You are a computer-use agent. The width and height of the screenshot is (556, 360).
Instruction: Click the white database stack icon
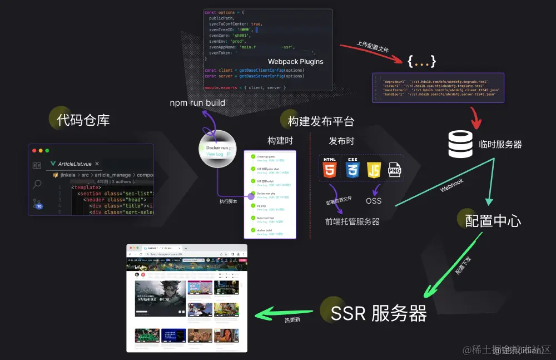click(460, 144)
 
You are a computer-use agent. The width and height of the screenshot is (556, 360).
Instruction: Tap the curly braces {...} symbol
click(421, 61)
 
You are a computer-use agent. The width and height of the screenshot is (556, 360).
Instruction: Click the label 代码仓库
click(83, 120)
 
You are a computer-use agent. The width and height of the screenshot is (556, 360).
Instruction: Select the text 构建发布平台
click(321, 121)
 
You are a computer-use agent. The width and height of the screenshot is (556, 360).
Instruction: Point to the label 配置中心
click(493, 220)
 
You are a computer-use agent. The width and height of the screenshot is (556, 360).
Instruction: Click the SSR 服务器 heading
click(379, 313)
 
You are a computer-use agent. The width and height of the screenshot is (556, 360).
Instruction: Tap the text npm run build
click(197, 103)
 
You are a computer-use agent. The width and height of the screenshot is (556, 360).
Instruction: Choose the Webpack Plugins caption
click(295, 62)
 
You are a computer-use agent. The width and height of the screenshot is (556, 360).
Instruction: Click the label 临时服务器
click(500, 145)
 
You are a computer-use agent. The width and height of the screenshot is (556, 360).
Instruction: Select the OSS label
click(374, 201)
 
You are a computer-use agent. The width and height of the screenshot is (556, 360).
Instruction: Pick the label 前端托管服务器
click(353, 221)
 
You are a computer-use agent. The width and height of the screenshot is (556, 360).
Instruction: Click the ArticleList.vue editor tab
click(75, 164)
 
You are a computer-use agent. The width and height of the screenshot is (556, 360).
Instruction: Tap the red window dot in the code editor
click(34, 151)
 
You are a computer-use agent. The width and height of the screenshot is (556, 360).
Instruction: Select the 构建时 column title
click(280, 141)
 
